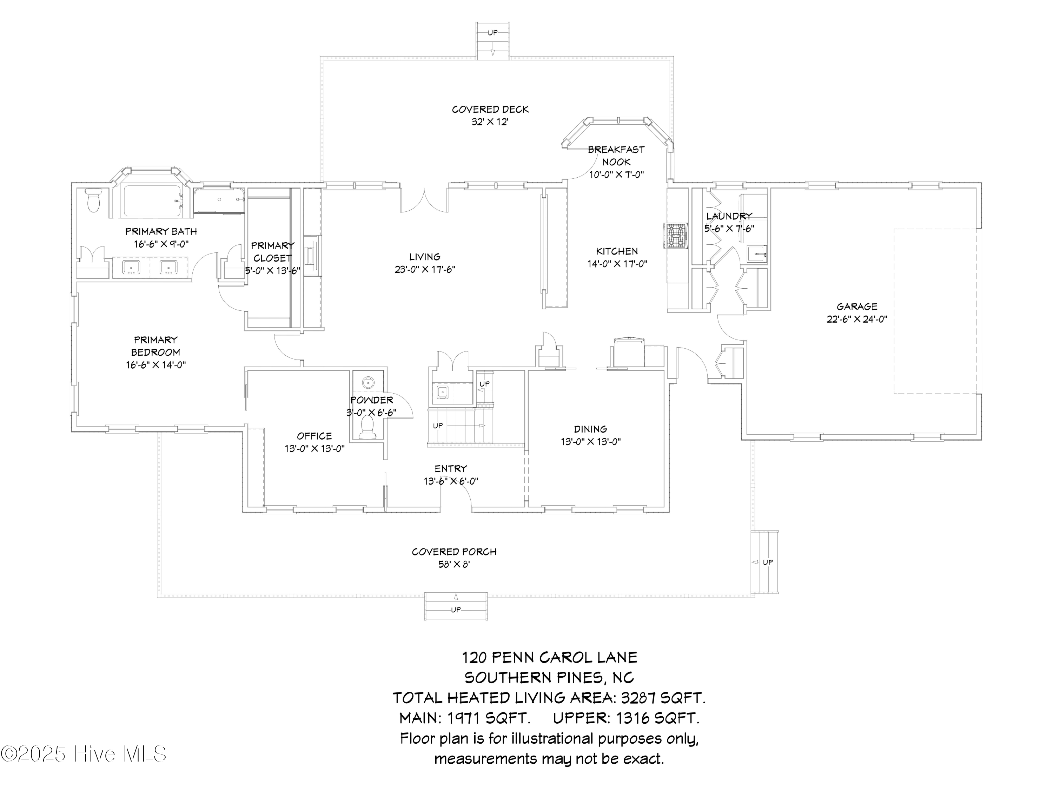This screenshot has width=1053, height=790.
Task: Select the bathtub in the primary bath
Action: point(152,202)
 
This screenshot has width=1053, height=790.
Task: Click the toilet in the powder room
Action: point(367,427)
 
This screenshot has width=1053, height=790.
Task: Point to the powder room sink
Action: point(367,382)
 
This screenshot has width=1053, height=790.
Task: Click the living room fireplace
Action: point(312,256)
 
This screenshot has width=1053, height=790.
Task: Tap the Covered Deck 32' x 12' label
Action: point(490,115)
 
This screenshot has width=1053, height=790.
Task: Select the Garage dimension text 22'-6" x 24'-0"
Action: point(857,319)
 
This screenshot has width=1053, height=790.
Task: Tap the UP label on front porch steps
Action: point(456,610)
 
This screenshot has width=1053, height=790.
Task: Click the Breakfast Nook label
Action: point(616,156)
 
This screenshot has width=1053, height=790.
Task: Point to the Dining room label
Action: point(590,429)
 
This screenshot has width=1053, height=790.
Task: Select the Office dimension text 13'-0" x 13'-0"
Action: point(314,449)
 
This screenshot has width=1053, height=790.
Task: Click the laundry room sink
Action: point(756,254)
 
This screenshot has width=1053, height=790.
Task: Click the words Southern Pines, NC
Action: point(549,678)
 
